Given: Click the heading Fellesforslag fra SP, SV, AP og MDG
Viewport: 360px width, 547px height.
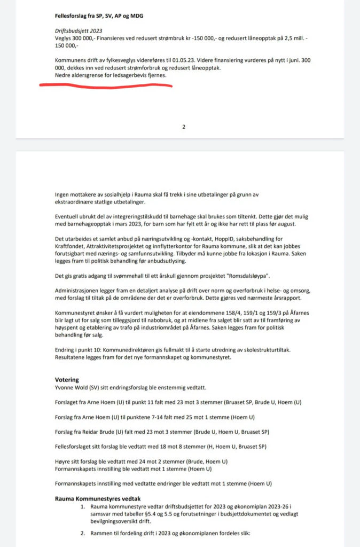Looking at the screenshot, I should (x=101, y=16).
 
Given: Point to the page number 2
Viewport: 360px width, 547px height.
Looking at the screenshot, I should (x=183, y=127).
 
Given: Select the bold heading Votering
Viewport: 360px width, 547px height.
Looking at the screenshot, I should (x=67, y=380).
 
